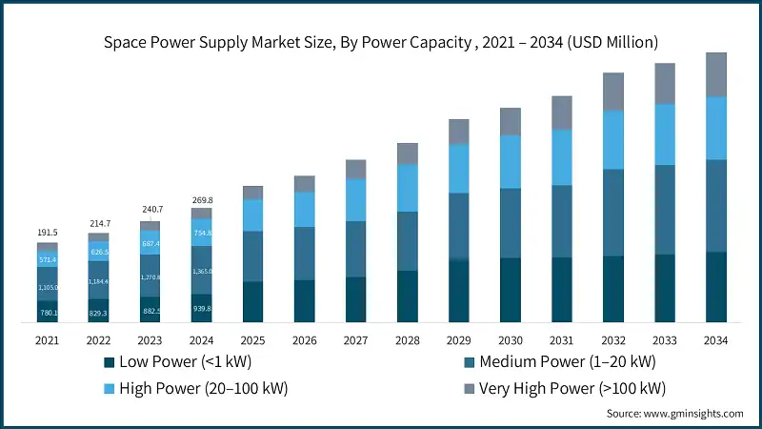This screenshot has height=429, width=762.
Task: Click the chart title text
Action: [x=381, y=42]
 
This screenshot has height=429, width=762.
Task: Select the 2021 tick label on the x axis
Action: [x=48, y=340]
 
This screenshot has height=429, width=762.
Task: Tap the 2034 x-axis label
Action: [x=715, y=340]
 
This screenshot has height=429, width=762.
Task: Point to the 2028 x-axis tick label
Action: [x=407, y=340]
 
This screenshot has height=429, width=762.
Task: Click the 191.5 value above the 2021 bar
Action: [x=48, y=232]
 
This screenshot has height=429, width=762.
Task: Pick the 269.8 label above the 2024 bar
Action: [x=202, y=201]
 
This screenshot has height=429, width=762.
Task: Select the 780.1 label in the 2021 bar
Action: [x=48, y=313]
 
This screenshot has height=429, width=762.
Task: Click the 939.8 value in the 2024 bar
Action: [x=202, y=309]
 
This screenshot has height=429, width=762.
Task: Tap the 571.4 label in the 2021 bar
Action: [x=48, y=259]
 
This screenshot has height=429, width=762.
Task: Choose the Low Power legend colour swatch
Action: [x=109, y=362]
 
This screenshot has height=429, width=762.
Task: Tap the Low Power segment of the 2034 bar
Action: [x=715, y=287]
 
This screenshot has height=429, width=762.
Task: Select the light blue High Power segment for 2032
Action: [x=612, y=139]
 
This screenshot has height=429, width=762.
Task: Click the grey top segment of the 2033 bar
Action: [x=664, y=83]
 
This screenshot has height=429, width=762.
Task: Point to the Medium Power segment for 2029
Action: [x=458, y=227]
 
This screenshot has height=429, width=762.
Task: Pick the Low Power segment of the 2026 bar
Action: [x=304, y=300]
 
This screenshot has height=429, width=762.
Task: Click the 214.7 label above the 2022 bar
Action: [x=99, y=222]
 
